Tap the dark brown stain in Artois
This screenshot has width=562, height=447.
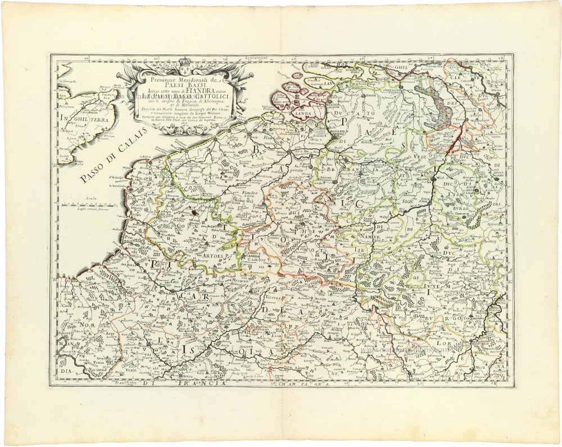[194, 213]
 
